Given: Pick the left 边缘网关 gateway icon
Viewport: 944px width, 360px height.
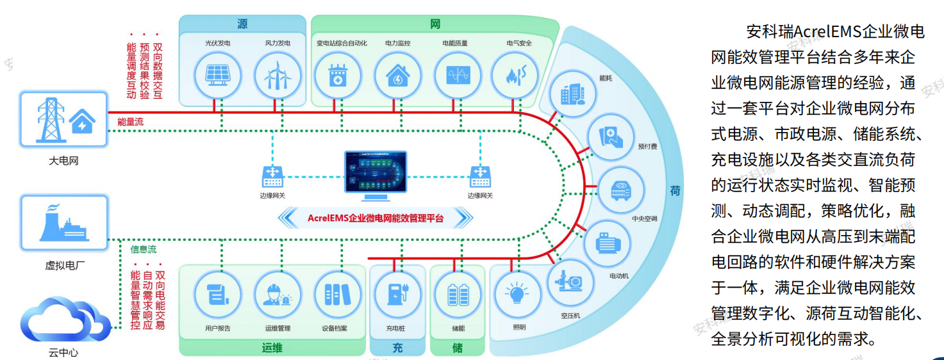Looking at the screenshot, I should pos(273,175).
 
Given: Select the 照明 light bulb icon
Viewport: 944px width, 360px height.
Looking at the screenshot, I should pos(518,294).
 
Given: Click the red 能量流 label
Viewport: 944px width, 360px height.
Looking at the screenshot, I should pos(130,122).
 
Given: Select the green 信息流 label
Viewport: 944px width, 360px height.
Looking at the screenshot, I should pos(143,249).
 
